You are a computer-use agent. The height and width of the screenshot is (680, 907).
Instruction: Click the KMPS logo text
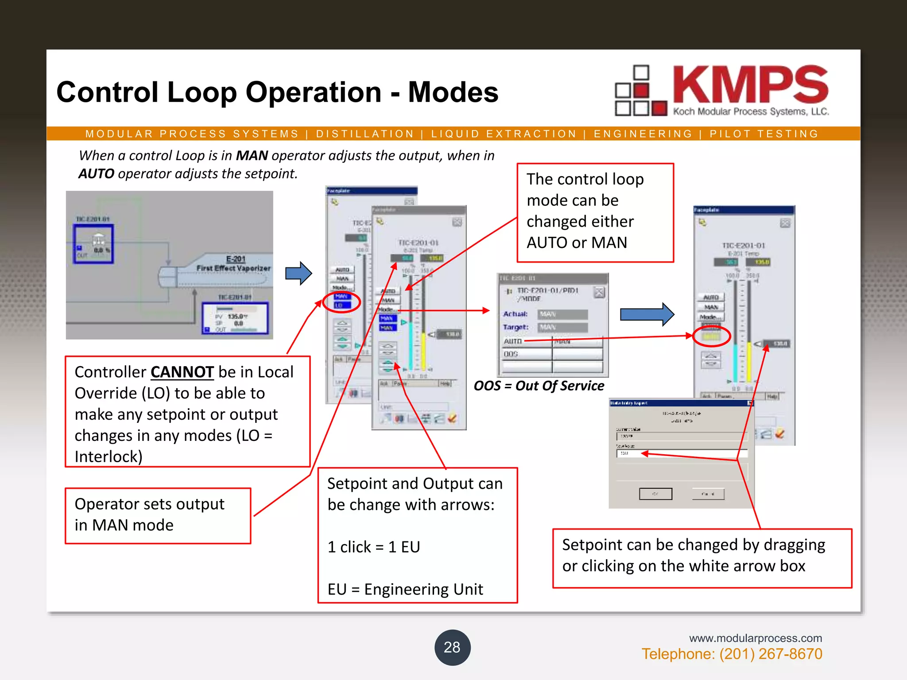(750, 85)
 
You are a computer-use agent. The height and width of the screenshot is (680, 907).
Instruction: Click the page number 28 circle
(452, 647)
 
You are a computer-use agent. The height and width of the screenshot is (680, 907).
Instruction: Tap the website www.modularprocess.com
(755, 638)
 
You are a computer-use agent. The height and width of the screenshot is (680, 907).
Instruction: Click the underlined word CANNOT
(182, 372)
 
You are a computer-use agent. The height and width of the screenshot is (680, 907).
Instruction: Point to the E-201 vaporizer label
(236, 259)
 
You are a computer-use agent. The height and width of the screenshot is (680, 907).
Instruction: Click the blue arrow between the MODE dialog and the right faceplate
(647, 314)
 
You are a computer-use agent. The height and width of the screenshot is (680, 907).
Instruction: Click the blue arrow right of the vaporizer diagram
(298, 273)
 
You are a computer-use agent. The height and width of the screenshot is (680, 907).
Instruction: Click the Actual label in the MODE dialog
(515, 314)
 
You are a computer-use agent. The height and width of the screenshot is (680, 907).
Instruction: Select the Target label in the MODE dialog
(516, 327)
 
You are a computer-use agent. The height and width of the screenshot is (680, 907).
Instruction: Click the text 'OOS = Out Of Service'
(539, 386)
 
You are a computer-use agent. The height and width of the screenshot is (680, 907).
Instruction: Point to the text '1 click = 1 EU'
(373, 547)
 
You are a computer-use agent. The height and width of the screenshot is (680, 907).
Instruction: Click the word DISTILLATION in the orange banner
(365, 134)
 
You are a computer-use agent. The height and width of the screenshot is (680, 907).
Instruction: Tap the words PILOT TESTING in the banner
(764, 134)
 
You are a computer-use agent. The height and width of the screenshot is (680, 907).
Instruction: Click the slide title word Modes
(453, 92)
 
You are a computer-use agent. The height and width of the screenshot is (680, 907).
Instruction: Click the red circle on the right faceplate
(711, 336)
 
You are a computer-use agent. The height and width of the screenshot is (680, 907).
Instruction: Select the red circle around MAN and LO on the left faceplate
(341, 302)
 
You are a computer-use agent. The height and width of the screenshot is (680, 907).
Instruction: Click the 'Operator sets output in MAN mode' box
(158, 515)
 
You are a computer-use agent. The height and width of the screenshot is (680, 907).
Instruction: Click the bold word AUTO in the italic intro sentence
(96, 174)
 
